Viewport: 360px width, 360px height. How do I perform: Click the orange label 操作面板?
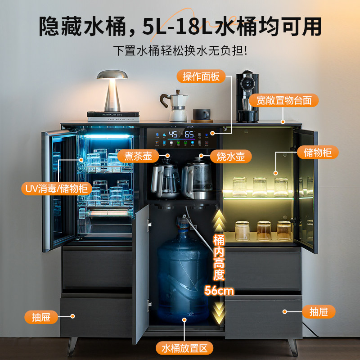pos(201,76)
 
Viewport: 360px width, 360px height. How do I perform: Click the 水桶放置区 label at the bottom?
pos(184,348)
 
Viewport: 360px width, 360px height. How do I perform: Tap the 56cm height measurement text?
pos(219,291)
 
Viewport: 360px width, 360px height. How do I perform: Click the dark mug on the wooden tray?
pos(201,114)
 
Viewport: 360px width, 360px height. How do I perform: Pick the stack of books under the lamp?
pos(113,117)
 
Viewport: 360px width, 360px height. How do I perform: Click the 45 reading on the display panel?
pos(173,135)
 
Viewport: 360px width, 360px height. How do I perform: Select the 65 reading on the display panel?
pos(189,135)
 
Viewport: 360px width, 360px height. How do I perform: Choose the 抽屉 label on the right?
pos(319,311)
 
